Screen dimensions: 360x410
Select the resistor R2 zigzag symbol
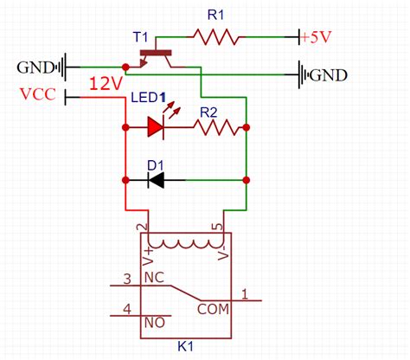218,128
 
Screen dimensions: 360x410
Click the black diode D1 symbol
157,180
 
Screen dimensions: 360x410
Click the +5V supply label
319,36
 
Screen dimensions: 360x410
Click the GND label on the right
328,75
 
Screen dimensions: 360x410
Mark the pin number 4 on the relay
127,308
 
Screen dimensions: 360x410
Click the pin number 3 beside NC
127,278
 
